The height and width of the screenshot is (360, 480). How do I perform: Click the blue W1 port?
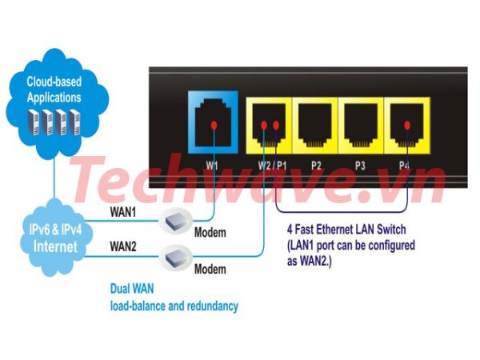[x=213, y=122]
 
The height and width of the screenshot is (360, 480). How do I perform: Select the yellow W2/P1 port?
[x=269, y=126]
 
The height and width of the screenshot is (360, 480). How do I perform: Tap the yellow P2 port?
[x=315, y=126]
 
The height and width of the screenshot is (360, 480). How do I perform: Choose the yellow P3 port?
[x=361, y=126]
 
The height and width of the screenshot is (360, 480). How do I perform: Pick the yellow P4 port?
[x=407, y=126]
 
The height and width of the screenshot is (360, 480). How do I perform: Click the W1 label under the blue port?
[x=212, y=166]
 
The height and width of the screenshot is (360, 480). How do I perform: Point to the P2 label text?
[x=316, y=166]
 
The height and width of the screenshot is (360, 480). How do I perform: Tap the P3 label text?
[x=360, y=166]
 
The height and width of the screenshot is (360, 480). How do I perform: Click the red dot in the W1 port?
[x=214, y=125]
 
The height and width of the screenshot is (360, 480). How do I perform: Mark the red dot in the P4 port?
[x=407, y=125]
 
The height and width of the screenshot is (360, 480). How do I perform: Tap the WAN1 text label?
[x=122, y=212]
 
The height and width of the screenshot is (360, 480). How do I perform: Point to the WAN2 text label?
[x=122, y=246]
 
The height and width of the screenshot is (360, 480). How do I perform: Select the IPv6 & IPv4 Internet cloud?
[x=55, y=238]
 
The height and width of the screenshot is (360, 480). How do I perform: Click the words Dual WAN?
[x=132, y=289]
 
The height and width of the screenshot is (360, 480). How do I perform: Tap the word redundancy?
[x=213, y=306]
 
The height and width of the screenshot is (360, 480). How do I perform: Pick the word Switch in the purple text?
[x=391, y=230]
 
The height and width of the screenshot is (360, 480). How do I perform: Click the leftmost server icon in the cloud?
[x=34, y=122]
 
